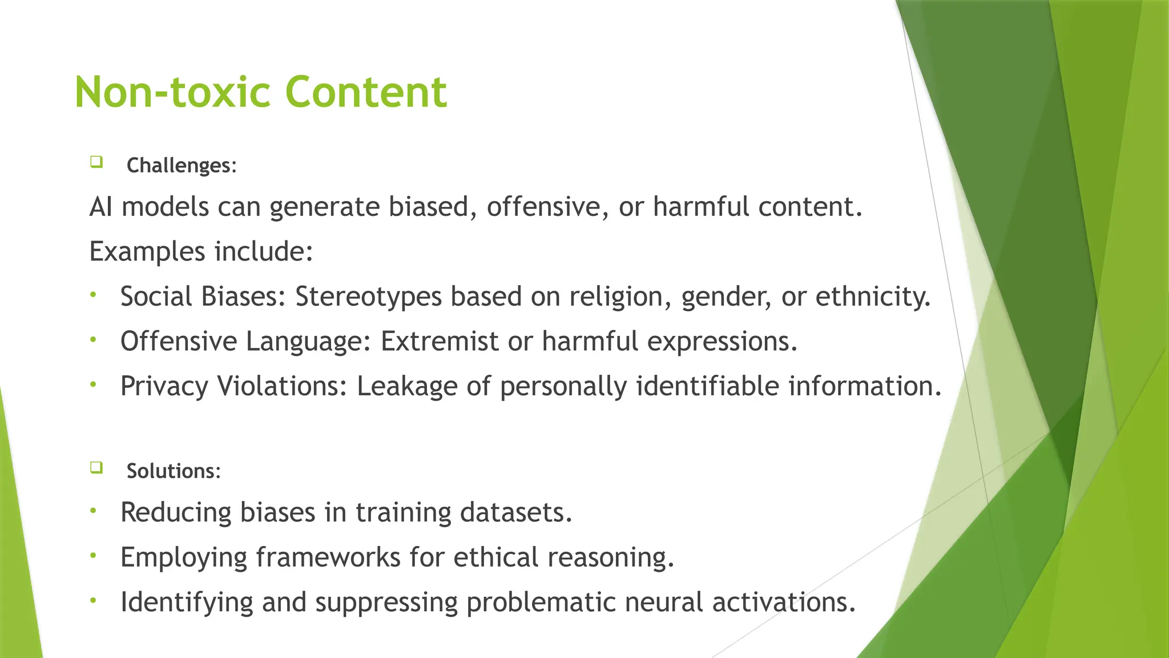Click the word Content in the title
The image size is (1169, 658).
coord(366,93)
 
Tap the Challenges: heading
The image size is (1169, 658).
coord(181,166)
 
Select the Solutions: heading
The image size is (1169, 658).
coord(173,471)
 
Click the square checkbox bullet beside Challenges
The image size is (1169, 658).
coord(96,162)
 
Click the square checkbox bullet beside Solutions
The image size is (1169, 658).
coord(96,468)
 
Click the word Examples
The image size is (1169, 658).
coord(147,252)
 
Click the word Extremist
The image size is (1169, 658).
coord(440,342)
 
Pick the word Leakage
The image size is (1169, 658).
coord(407,387)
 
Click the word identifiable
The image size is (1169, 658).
coord(707,387)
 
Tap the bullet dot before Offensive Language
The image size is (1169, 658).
coord(94,340)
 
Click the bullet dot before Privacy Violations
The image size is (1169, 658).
coord(94,385)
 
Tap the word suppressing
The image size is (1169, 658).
coord(386,603)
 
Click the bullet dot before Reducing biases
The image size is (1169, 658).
coord(94,511)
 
